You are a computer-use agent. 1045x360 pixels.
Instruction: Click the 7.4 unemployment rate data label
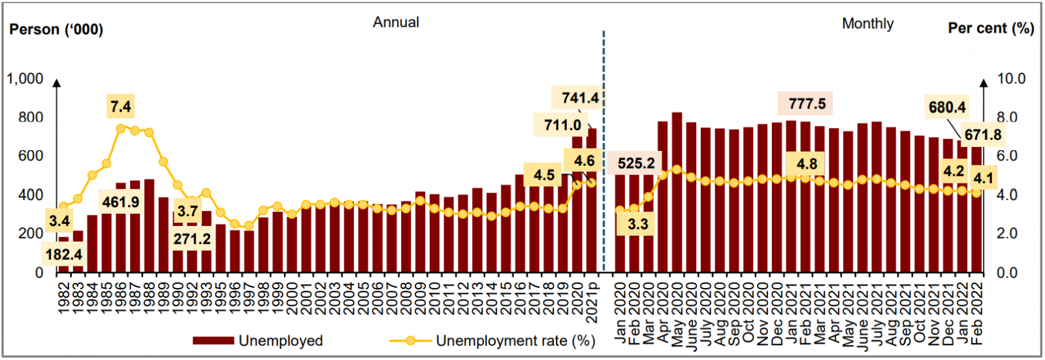tap(121, 106)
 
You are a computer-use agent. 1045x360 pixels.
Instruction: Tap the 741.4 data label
tap(580, 98)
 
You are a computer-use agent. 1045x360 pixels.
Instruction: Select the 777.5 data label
tap(807, 104)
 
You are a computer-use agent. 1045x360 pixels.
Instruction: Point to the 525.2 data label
tap(635, 163)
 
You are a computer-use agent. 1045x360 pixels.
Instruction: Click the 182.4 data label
tap(64, 254)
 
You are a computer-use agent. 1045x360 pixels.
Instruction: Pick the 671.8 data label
tap(982, 135)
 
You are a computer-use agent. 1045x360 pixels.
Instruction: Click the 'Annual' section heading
tap(396, 22)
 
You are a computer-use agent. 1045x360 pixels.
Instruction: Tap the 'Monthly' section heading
tap(867, 24)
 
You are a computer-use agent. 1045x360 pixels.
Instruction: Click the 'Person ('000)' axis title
tap(56, 29)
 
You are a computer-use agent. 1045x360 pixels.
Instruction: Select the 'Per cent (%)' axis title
tap(990, 28)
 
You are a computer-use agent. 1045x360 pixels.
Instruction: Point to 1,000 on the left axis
tap(25, 79)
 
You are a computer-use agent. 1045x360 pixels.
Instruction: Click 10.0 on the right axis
tap(1011, 79)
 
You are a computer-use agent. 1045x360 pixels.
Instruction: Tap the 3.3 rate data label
tap(637, 225)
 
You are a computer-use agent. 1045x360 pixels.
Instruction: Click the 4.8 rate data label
tap(807, 164)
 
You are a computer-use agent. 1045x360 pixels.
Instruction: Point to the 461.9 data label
tap(121, 202)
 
